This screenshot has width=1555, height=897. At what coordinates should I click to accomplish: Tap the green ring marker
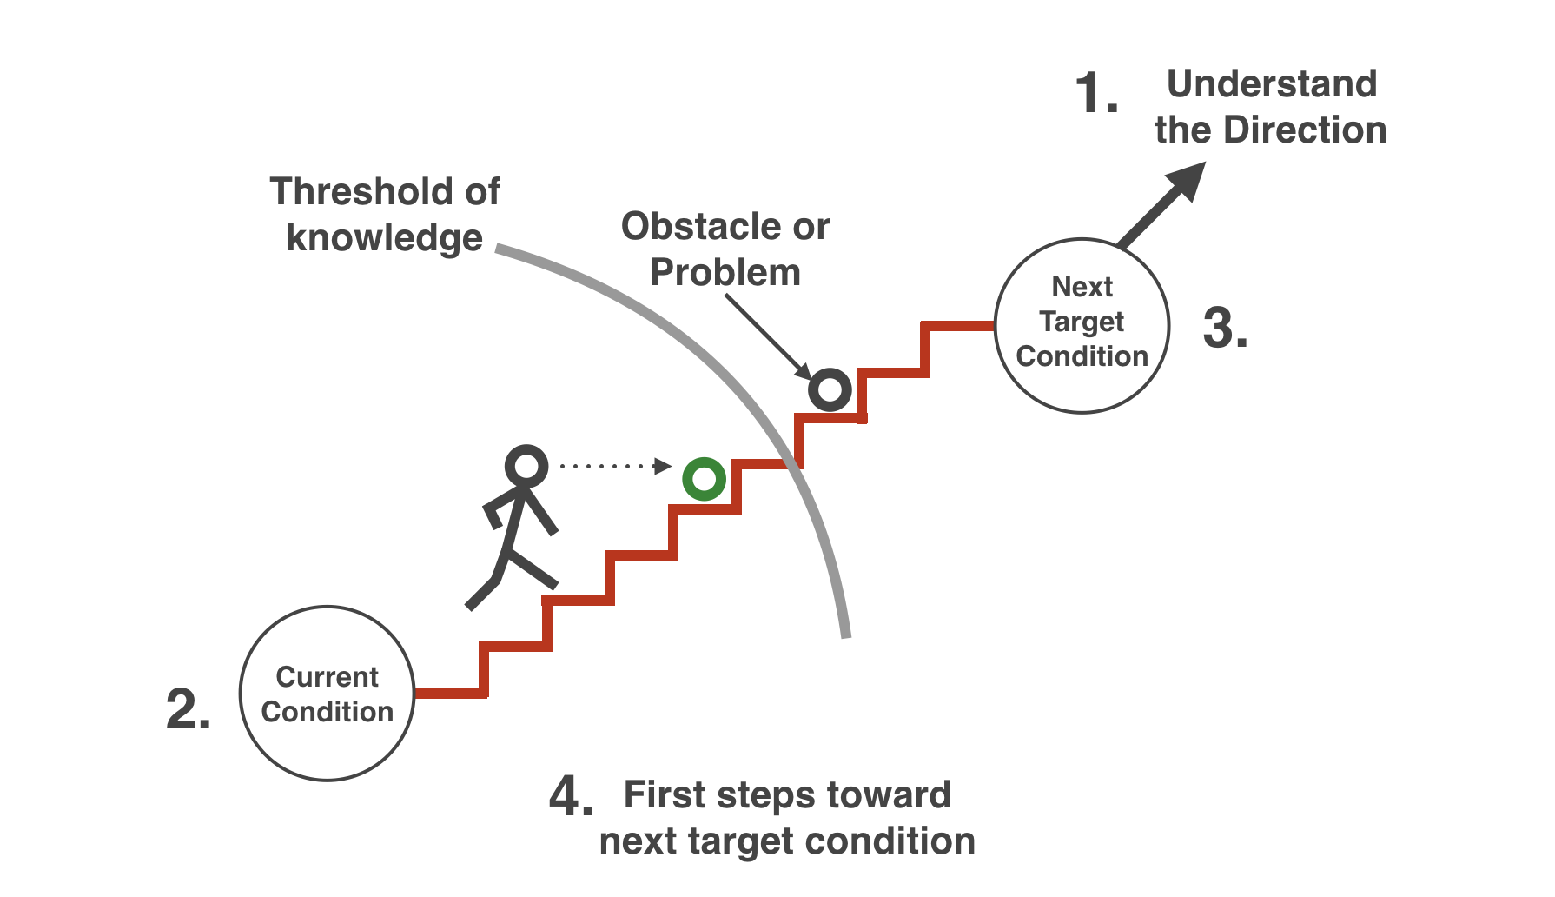pyautogui.click(x=704, y=479)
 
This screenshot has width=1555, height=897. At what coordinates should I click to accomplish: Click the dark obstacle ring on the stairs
pyautogui.click(x=830, y=389)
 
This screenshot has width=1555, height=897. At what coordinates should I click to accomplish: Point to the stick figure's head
pyautogui.click(x=526, y=466)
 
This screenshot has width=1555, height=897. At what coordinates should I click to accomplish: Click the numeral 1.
pyautogui.click(x=1095, y=93)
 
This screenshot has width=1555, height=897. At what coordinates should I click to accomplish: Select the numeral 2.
pyautogui.click(x=189, y=708)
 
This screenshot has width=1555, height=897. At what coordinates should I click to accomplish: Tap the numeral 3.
pyautogui.click(x=1226, y=328)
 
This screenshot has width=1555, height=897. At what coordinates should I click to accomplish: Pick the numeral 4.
pyautogui.click(x=572, y=794)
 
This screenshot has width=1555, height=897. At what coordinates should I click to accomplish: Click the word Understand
pyautogui.click(x=1272, y=84)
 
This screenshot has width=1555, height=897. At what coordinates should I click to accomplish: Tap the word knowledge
pyautogui.click(x=385, y=238)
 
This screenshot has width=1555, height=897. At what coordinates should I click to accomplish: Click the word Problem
pyautogui.click(x=725, y=273)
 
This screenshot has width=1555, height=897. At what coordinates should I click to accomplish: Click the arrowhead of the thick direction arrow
pyautogui.click(x=1187, y=181)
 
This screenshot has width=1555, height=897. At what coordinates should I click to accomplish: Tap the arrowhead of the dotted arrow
pyautogui.click(x=663, y=467)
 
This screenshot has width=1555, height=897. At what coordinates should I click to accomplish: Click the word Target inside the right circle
pyautogui.click(x=1082, y=322)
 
